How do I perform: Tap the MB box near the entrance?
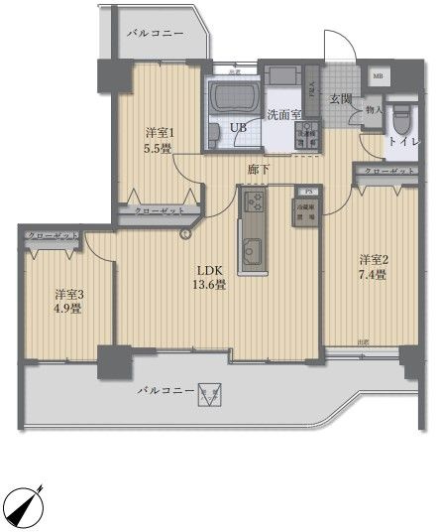(378, 75)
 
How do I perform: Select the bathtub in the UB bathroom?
(234, 98)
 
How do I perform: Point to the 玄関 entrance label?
(341, 98)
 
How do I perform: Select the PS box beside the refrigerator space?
(308, 191)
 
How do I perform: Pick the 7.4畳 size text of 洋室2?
(374, 275)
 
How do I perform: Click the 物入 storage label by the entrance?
(374, 110)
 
